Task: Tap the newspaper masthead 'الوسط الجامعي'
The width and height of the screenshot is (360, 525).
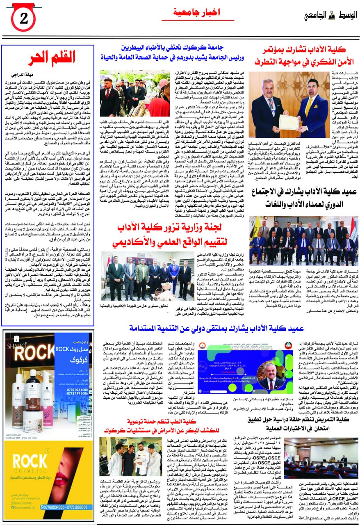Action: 331,15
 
